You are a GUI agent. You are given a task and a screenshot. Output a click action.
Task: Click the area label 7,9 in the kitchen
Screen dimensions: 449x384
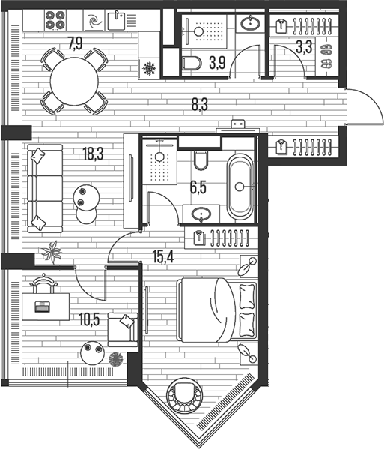coord(75,43)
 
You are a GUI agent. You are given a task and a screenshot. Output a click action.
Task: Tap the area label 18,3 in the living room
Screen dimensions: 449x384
coord(93,156)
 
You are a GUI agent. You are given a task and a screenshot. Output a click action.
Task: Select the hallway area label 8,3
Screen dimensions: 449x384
coord(199,105)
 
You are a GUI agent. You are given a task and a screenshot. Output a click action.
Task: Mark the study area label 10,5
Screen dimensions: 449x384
coord(90,319)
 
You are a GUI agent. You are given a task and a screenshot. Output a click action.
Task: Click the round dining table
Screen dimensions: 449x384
coord(73,82)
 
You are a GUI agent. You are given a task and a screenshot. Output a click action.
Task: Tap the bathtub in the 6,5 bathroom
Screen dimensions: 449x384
coord(241,186)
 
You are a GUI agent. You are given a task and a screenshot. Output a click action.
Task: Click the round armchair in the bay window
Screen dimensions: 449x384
coord(183,394)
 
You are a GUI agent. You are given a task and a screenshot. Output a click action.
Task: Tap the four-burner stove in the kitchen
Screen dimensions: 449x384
coord(58,20)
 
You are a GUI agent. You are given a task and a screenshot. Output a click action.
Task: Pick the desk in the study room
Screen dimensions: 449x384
coord(45,305)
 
